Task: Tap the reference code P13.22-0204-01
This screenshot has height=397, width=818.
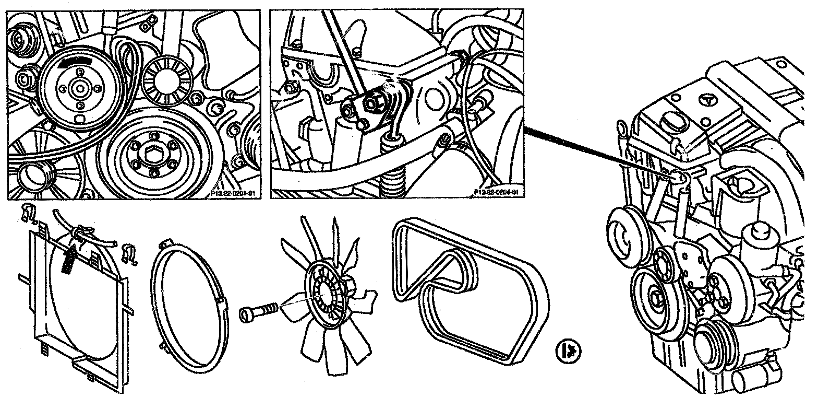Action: click(497, 193)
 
